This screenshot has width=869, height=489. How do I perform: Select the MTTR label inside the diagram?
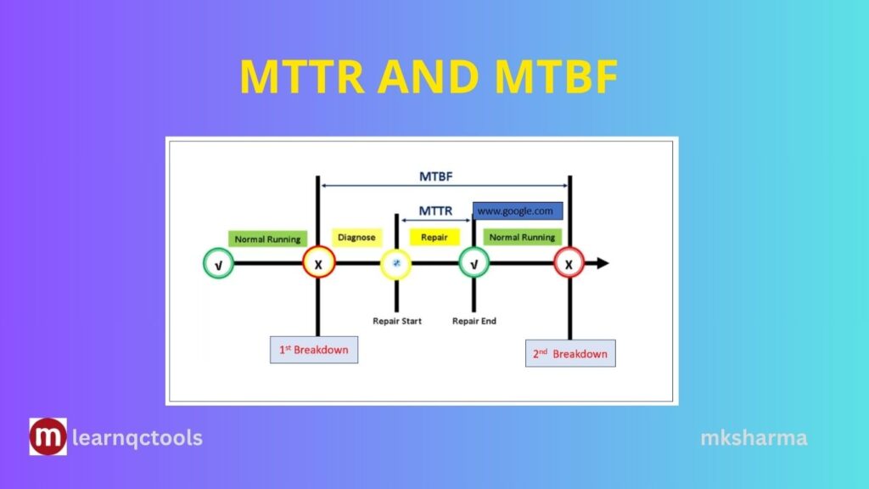tap(435, 211)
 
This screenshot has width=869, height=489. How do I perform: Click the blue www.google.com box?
tap(517, 211)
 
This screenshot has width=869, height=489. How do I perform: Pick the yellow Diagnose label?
tap(356, 237)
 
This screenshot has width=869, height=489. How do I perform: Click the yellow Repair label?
tap(434, 237)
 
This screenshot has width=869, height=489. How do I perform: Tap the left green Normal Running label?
tap(267, 239)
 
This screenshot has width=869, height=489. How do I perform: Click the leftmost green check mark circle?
tap(218, 264)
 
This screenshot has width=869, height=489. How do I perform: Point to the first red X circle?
tap(318, 264)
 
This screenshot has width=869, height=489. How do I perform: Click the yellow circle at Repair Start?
tap(395, 264)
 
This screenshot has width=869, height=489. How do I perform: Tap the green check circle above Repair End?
tap(474, 264)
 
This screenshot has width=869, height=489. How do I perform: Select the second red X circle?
tap(569, 264)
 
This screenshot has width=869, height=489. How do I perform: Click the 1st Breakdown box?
tap(313, 349)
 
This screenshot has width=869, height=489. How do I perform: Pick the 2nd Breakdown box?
tap(569, 353)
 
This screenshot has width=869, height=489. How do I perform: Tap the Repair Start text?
tap(396, 321)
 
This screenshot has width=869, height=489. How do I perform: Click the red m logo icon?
tap(48, 437)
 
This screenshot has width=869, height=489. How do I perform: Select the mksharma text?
tap(754, 438)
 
